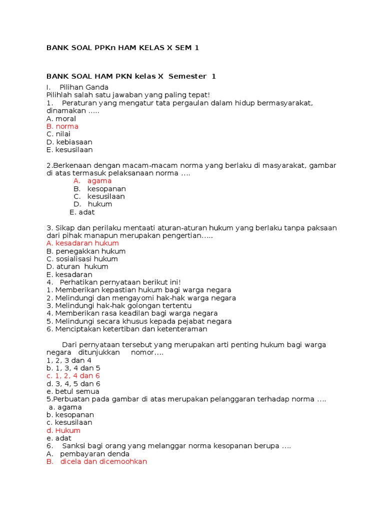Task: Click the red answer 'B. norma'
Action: pos(62,127)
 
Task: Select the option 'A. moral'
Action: pos(61,119)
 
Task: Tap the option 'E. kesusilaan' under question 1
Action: pos(69,150)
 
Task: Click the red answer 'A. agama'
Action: pos(92,181)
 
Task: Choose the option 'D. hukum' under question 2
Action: pos(93,204)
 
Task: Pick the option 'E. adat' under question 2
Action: pos(82,212)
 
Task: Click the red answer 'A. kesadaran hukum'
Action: pos(82,243)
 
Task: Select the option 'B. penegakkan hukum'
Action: pos(86,251)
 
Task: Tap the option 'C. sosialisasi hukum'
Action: pos(82,259)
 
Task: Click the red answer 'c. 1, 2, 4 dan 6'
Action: pos(73,376)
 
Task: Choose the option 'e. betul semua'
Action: pos(73,391)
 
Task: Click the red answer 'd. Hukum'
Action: pos(63,430)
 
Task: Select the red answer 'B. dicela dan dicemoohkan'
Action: pos(97,461)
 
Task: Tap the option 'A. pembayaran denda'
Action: pos(88,454)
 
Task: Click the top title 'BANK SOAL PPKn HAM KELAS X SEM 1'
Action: pos(122,48)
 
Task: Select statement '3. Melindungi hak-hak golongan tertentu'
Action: pos(119,306)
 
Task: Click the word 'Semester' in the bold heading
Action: pos(187,76)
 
